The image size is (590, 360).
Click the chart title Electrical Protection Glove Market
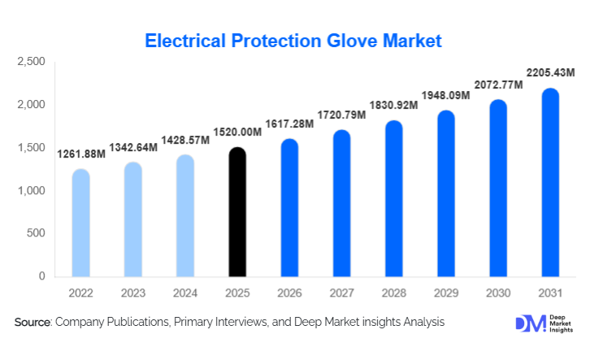click(293, 40)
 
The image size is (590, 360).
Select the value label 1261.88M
click(82, 154)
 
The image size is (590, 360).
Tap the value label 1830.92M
click(394, 106)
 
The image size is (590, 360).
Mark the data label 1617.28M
click(290, 124)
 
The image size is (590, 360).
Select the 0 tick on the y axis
click(41, 276)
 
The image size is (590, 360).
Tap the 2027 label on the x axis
click(341, 293)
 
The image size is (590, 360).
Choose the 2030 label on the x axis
click(498, 293)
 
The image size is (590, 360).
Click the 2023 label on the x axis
click(133, 293)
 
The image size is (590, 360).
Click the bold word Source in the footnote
click(33, 323)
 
